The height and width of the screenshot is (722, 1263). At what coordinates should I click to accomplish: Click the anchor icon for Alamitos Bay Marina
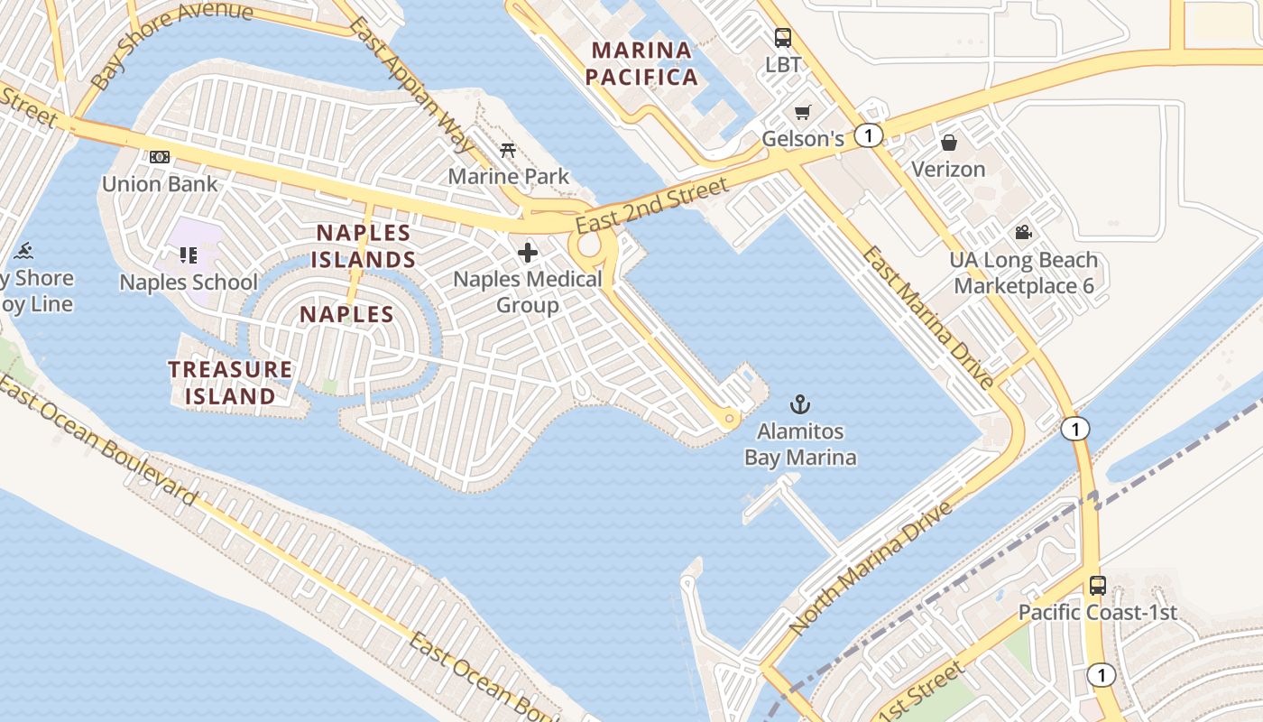(799, 403)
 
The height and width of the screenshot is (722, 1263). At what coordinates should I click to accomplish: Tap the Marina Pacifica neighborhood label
(641, 63)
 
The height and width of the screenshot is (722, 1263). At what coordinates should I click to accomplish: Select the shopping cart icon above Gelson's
(802, 113)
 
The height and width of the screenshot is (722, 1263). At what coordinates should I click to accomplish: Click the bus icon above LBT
(782, 38)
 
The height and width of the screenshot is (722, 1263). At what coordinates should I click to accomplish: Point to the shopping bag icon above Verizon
(948, 143)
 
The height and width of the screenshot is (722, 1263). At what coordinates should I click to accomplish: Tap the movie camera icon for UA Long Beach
(1023, 233)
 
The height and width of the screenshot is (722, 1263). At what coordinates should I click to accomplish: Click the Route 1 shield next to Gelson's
(868, 135)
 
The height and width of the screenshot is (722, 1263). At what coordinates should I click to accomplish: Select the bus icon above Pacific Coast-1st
(1097, 585)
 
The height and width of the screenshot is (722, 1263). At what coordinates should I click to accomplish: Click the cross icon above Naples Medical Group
(528, 252)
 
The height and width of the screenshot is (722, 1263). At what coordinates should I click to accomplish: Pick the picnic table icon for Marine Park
(508, 150)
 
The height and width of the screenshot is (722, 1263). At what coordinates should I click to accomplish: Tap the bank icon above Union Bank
(160, 157)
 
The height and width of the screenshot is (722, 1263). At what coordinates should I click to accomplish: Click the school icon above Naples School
(188, 255)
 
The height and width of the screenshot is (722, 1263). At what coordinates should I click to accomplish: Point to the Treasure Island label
(230, 383)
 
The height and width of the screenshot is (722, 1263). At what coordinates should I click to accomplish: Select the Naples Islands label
(365, 246)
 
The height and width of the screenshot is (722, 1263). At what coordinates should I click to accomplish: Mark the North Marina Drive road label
(871, 567)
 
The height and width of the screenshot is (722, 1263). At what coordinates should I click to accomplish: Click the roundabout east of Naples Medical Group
(590, 246)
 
